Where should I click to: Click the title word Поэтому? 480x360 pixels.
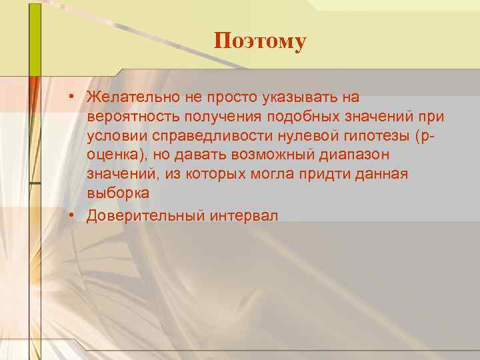[260, 41]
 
